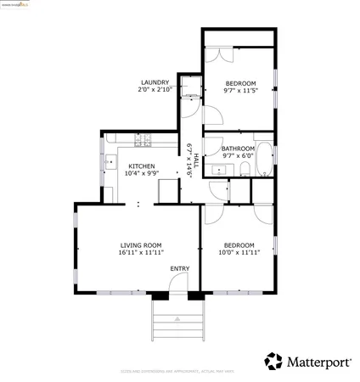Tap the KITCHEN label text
pyautogui.click(x=141, y=166)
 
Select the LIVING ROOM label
pyautogui.click(x=141, y=245)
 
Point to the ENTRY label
pyautogui.click(x=179, y=269)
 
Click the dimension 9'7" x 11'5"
pyautogui.click(x=239, y=90)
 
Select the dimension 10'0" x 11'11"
pyautogui.click(x=239, y=253)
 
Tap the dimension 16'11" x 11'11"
pyautogui.click(x=141, y=253)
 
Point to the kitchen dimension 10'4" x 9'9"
pyautogui.click(x=141, y=173)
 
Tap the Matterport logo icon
pyautogui.click(x=273, y=362)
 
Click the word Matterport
pyautogui.click(x=318, y=362)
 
